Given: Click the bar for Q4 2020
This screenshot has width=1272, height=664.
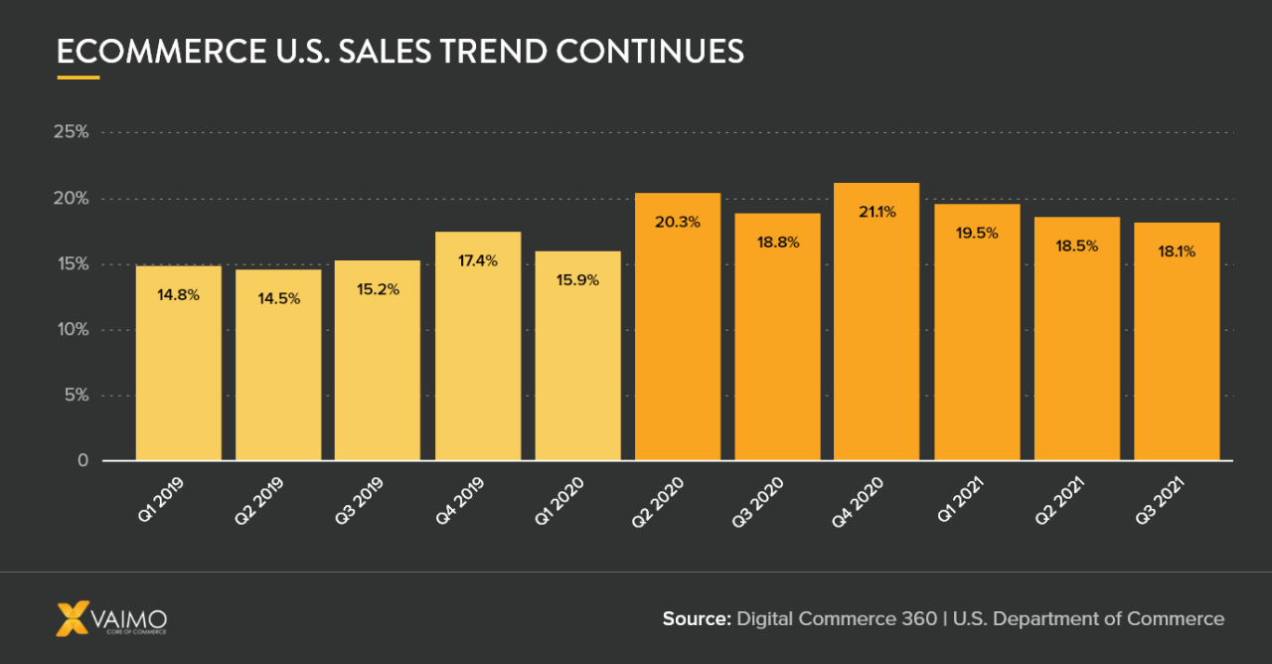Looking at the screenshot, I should (x=876, y=328).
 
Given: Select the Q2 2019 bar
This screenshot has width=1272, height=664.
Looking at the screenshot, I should (x=278, y=368).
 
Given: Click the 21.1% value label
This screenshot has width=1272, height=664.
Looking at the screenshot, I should (x=876, y=211).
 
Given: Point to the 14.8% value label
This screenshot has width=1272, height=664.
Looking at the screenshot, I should (x=179, y=294).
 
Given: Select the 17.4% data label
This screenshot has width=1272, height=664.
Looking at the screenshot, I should (x=478, y=259).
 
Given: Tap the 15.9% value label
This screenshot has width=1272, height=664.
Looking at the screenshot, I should (x=577, y=280).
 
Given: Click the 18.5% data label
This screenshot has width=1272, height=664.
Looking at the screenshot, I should (x=1077, y=245).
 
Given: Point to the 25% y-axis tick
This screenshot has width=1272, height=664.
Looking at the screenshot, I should (x=71, y=132).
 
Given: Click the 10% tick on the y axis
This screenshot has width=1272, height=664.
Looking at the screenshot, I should (x=71, y=329).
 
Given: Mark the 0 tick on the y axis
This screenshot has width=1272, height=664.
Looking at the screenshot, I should (x=81, y=460).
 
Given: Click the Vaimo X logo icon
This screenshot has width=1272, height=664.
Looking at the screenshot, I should (x=73, y=618).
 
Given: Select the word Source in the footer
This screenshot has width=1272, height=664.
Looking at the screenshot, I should (x=696, y=618).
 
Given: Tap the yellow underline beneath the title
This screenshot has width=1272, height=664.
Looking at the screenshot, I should (x=79, y=77).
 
